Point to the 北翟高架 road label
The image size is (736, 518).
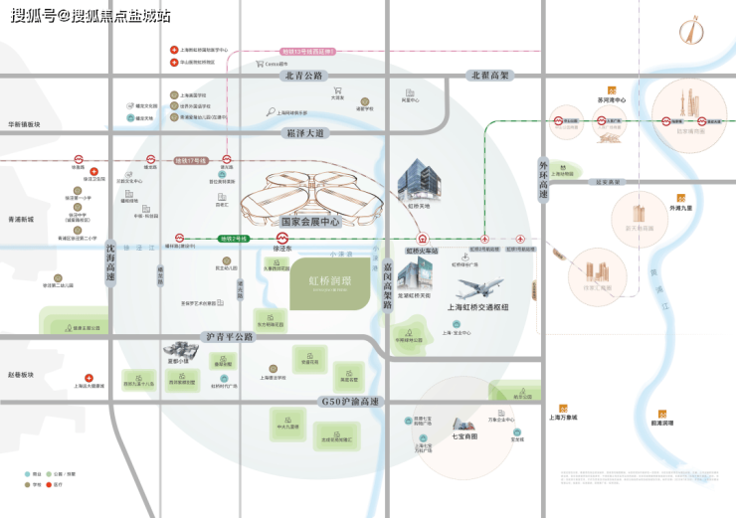pos(490,76)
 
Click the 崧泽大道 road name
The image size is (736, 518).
pos(305,132)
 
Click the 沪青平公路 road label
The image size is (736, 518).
pos(230,336)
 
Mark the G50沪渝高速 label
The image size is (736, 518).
pos(345,401)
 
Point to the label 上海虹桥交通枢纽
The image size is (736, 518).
pos(477,307)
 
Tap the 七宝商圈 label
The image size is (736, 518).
pos(464,435)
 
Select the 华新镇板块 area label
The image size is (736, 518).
pos(24,124)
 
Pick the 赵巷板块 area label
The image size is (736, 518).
pos(20,375)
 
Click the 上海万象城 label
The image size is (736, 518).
pos(563,418)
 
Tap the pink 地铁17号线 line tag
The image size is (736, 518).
pos(190,160)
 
